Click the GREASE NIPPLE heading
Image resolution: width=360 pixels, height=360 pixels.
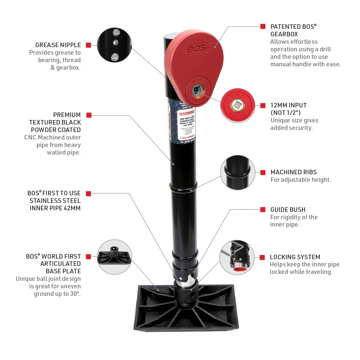(58, 45)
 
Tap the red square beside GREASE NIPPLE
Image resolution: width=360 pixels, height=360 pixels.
(88, 45)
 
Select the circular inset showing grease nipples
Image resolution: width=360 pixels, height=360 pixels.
(115, 45)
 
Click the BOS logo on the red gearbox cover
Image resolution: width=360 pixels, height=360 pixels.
(197, 49)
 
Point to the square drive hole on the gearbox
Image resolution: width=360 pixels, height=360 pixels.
(197, 89)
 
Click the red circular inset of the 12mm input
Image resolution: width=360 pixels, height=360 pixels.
(237, 105)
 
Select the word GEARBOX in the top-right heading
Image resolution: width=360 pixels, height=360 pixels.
(284, 34)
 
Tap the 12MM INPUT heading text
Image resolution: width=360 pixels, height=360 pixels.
(288, 105)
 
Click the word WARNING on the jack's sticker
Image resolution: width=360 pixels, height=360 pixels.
(187, 114)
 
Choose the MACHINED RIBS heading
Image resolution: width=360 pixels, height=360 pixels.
(293, 172)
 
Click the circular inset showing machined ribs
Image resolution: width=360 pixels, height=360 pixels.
(238, 172)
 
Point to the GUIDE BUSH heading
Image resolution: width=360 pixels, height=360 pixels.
(288, 210)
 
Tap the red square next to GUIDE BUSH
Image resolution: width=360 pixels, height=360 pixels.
(263, 209)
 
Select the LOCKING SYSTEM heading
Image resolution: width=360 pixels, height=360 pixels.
(295, 257)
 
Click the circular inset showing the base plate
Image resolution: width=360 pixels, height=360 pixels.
(115, 257)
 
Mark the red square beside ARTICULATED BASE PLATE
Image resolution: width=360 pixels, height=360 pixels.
(88, 257)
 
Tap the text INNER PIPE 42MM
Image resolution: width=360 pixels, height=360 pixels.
(55, 208)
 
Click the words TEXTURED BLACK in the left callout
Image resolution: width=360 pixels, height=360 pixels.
(55, 122)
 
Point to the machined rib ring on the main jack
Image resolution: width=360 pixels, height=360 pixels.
(183, 188)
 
